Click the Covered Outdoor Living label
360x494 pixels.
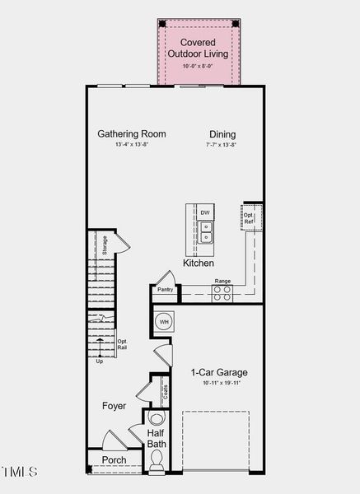coord(198,48)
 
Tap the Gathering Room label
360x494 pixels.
coord(132,134)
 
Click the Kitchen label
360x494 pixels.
coord(199,263)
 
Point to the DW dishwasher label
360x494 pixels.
coord(205,213)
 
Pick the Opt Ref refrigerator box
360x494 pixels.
coord(249,219)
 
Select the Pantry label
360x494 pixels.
coord(165,290)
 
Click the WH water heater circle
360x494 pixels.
coord(163,321)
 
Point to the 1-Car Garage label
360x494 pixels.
coord(219,372)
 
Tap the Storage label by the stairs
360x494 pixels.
coord(105,245)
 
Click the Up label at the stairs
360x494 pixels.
coord(100,361)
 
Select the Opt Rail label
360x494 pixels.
coord(121,345)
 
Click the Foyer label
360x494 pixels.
coord(114,406)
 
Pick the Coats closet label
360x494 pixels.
coord(165,390)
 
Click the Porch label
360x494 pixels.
coord(114,459)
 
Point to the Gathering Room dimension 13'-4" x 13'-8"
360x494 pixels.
coord(132,146)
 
